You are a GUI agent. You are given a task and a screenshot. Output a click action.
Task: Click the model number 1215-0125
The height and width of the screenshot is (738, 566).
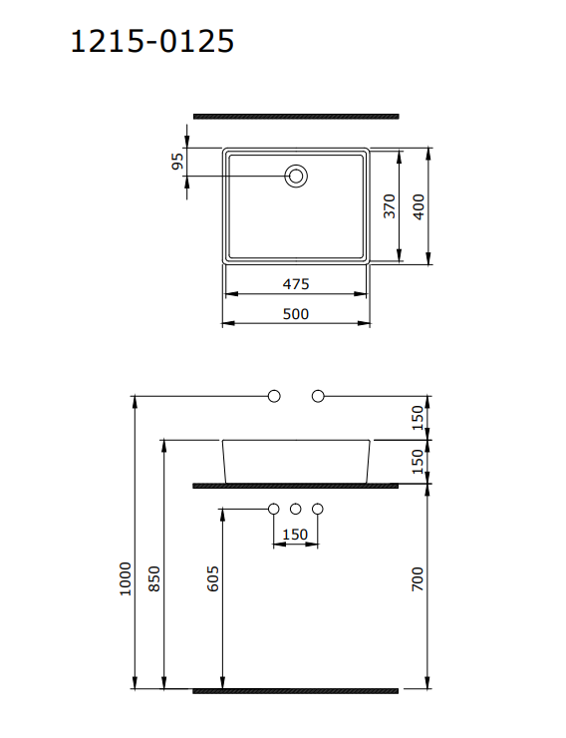[152, 41]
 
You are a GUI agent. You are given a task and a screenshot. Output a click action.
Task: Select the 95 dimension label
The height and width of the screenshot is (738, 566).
[178, 162]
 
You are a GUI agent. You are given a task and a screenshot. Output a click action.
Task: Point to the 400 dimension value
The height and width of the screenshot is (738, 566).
[420, 206]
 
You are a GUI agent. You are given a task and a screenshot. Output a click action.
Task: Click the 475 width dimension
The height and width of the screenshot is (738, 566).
[295, 284]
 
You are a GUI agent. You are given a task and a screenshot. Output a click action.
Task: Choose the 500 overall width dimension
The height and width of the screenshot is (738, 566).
[295, 313]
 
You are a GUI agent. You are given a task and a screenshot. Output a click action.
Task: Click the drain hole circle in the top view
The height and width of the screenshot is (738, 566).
[296, 177]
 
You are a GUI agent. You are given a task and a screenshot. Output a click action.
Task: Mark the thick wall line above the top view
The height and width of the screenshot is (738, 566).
[295, 117]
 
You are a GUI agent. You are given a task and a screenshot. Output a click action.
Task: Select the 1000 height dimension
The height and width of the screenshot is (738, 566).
[125, 577]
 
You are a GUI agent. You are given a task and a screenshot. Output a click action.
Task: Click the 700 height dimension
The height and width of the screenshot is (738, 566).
[419, 579]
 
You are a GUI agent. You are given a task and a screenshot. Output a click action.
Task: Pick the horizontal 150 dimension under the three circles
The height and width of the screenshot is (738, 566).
[295, 535]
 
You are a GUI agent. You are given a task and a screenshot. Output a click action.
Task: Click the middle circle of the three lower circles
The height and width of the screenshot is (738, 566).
[296, 510]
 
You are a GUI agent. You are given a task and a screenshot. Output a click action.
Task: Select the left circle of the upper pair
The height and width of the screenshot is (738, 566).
[274, 396]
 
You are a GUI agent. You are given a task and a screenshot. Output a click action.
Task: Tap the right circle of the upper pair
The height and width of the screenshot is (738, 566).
[318, 396]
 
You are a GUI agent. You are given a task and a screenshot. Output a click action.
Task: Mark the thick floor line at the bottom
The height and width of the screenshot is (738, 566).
[295, 689]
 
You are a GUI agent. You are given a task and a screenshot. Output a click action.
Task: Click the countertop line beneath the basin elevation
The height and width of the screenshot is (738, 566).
[295, 486]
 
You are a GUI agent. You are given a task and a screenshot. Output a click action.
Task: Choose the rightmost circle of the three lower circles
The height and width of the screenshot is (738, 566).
[318, 510]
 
